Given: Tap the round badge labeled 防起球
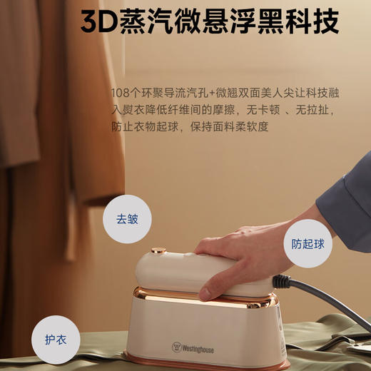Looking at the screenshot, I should point(308,243).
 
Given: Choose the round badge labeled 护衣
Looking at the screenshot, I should point(56,339).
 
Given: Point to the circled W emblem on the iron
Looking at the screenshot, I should point(176,347).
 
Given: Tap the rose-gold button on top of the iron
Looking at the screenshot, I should point(158,250).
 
